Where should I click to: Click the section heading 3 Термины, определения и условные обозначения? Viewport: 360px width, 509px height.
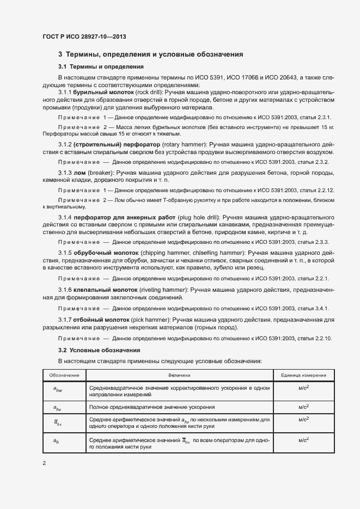150,54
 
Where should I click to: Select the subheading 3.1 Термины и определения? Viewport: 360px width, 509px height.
101,67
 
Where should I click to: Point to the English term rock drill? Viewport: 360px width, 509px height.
151,93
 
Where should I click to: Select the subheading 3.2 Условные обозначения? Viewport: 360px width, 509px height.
99,349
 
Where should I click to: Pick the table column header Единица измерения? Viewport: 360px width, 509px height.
303,376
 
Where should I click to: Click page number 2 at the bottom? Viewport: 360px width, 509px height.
45,463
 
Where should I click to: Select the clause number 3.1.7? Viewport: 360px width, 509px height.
65,320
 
